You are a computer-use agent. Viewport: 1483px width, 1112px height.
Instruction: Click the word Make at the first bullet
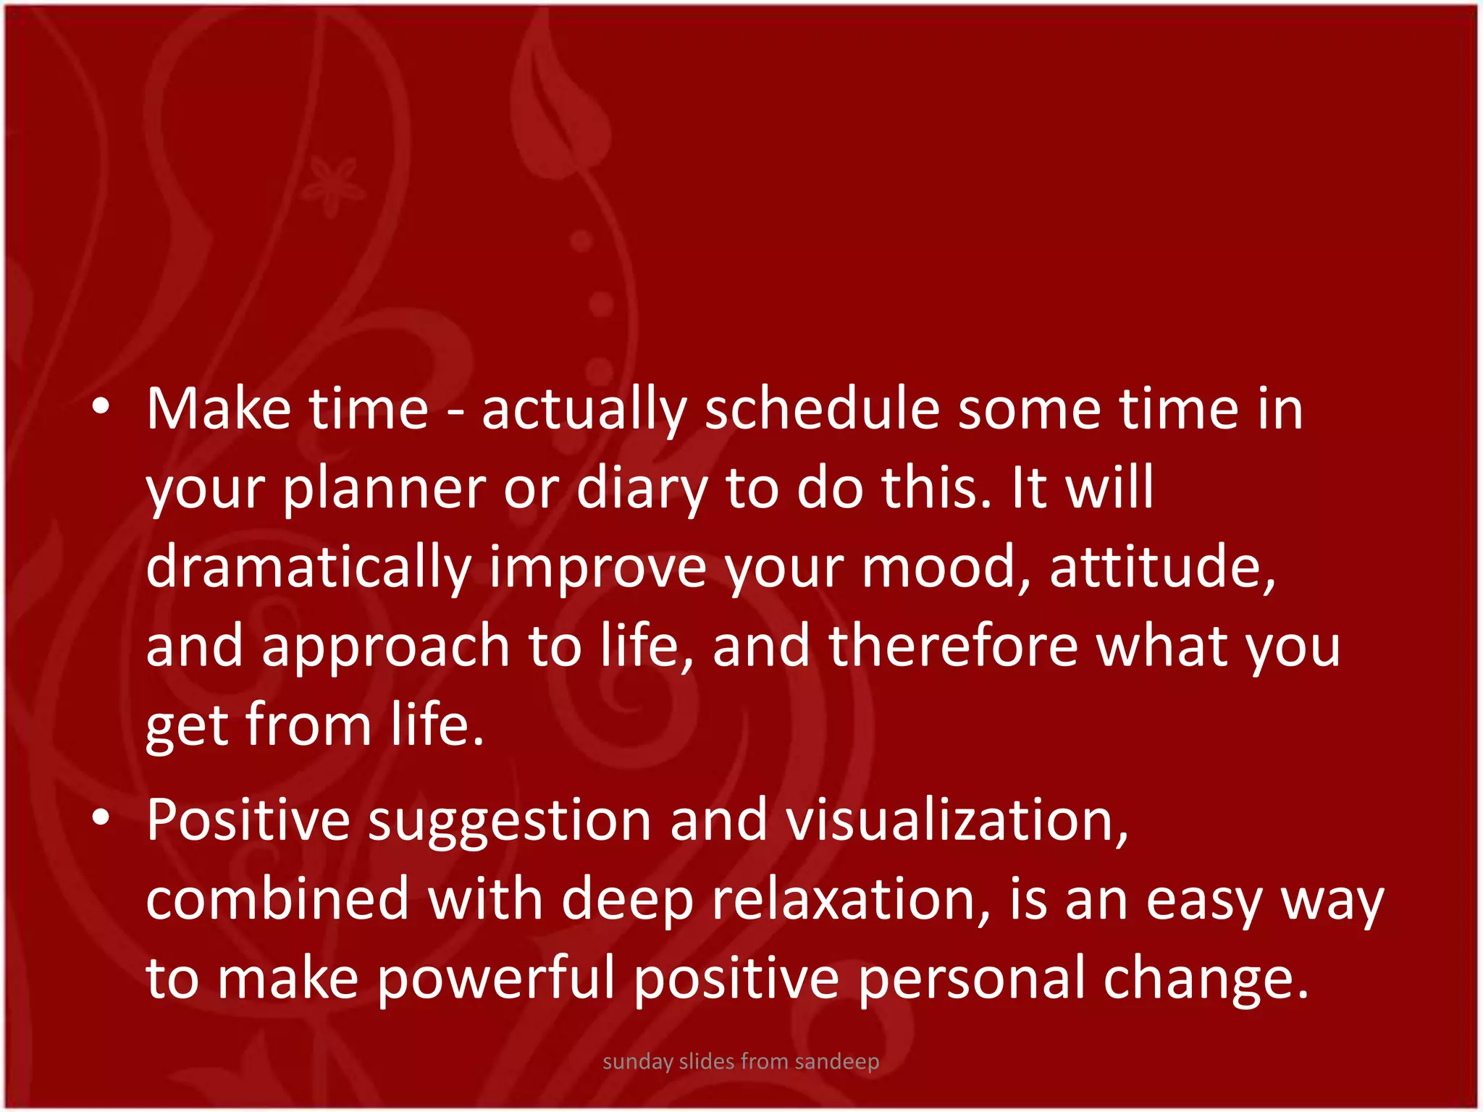pos(218,410)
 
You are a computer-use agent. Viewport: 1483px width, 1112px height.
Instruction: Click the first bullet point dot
pos(101,407)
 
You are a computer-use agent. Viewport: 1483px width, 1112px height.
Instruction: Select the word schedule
pos(822,410)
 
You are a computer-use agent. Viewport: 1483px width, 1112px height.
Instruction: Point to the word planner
pos(384,489)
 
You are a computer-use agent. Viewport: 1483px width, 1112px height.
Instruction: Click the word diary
pos(642,489)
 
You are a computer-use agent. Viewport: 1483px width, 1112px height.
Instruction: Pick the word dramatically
pos(308,568)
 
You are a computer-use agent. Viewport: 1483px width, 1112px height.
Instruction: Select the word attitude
pos(1161,568)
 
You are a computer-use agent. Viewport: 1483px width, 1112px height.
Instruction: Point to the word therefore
pos(953,646)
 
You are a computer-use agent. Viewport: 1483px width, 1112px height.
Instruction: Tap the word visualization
pos(956,820)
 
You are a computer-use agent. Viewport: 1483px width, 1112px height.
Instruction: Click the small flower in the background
pos(332,185)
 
